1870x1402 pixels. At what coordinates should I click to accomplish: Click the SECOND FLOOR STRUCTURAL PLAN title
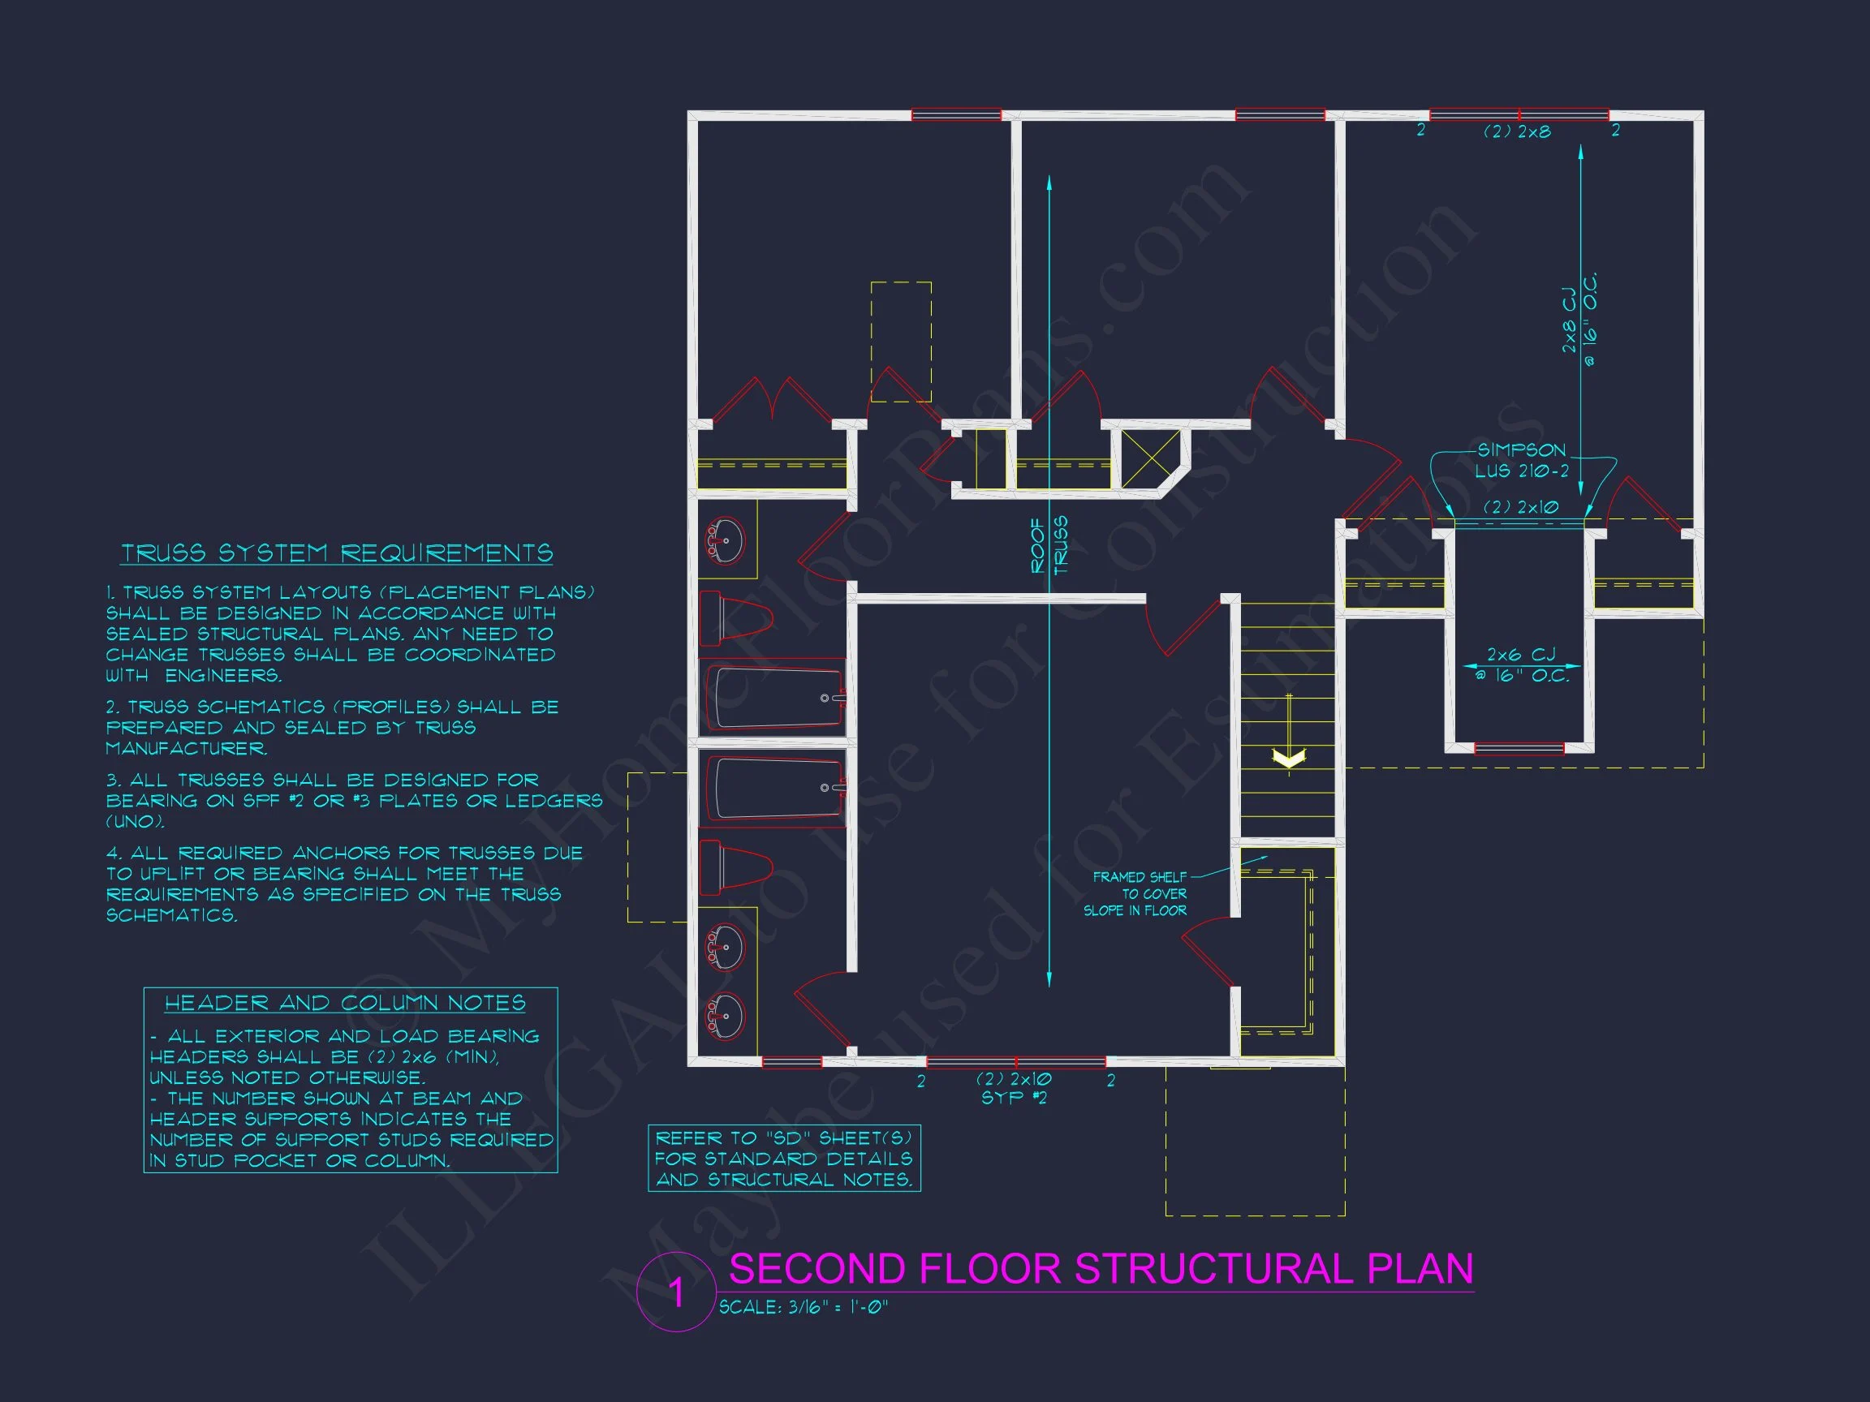1101,1268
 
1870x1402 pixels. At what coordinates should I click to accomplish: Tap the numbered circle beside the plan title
676,1292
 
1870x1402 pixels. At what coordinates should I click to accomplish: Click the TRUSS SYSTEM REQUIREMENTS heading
337,553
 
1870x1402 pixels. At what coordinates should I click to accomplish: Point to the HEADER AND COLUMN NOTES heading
345,1003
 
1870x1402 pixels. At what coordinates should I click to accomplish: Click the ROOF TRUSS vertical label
1049,545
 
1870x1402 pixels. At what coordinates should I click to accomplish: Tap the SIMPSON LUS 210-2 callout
1522,461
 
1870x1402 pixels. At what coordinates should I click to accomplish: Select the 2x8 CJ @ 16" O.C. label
1579,320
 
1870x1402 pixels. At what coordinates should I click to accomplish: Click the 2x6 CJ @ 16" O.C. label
1521,665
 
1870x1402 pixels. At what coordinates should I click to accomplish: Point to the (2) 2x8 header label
1518,131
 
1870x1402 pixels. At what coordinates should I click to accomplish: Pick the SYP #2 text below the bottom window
1014,1098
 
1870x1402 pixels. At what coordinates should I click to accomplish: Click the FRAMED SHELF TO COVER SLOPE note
1135,893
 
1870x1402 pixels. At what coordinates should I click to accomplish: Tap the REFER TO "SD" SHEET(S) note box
784,1158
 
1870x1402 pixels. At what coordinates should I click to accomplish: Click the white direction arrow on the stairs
1288,758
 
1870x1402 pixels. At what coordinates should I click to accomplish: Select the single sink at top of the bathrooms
726,540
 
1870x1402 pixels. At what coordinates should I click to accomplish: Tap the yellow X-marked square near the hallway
1151,459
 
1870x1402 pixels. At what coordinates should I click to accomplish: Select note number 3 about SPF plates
354,800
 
